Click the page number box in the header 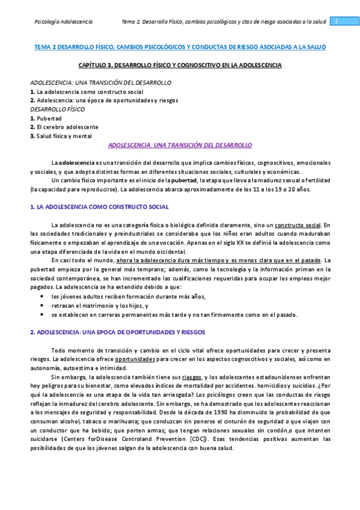(337, 21)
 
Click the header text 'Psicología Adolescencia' (63, 22)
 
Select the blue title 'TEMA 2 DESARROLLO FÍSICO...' (180, 46)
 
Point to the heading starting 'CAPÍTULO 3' (180, 64)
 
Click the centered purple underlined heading (180, 145)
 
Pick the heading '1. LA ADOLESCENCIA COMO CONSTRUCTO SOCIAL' (99, 207)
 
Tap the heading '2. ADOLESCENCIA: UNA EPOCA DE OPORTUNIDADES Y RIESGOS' (118, 331)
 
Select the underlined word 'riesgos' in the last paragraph (192, 377)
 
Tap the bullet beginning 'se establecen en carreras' (174, 315)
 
